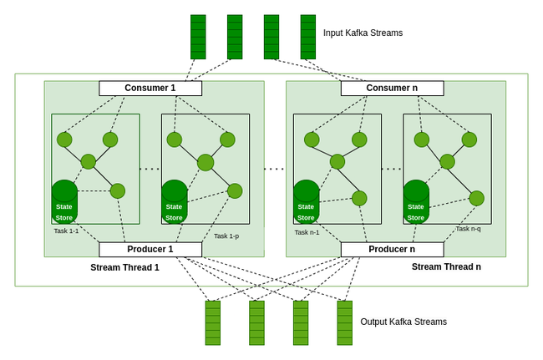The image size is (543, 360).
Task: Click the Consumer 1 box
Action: (150, 88)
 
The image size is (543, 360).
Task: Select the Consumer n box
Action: (392, 88)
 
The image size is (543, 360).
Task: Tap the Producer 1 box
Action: (150, 249)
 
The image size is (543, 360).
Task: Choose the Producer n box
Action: (392, 249)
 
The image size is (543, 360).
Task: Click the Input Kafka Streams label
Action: (363, 33)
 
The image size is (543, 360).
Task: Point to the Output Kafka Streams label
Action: (403, 322)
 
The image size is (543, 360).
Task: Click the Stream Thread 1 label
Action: (124, 267)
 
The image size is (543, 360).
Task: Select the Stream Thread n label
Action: (446, 267)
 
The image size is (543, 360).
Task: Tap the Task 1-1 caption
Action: (66, 231)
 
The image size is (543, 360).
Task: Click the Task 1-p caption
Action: (226, 236)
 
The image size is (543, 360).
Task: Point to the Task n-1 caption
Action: (307, 232)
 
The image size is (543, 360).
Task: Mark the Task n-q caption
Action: (468, 229)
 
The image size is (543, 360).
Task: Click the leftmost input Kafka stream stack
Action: (198, 37)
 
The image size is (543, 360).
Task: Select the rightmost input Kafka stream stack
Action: (308, 37)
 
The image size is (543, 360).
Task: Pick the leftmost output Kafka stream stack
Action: (213, 322)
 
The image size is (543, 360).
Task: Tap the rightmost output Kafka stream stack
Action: (344, 322)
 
